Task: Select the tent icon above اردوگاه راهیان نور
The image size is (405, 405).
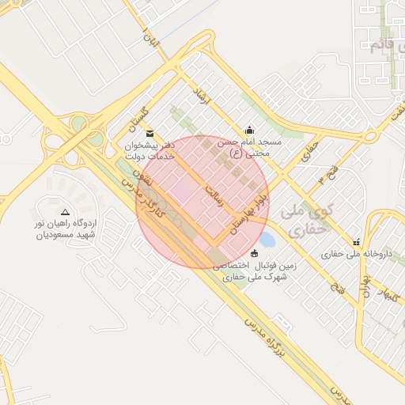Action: click(x=65, y=213)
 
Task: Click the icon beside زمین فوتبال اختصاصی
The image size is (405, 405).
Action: click(x=254, y=253)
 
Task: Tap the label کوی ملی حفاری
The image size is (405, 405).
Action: click(x=308, y=221)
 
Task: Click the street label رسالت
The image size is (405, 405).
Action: click(x=215, y=197)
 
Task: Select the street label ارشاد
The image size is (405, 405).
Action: click(x=202, y=101)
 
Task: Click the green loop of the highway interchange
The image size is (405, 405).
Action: click(x=78, y=124)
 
